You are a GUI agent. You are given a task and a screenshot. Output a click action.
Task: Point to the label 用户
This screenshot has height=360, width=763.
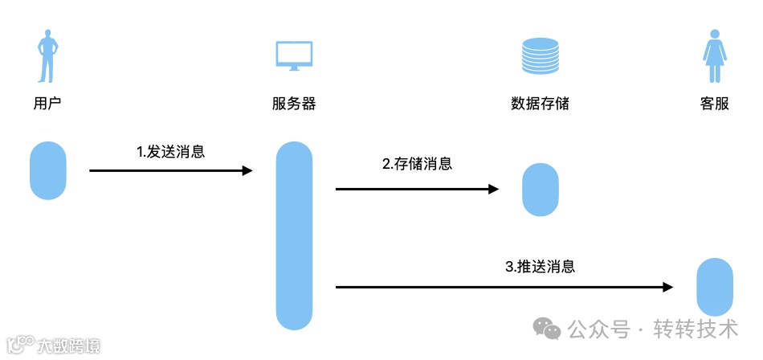(47, 103)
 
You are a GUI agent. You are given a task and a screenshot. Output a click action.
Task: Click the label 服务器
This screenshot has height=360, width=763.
(293, 103)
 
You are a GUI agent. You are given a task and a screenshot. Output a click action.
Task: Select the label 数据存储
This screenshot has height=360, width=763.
(540, 103)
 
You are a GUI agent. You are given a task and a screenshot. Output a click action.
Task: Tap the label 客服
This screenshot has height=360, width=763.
(714, 103)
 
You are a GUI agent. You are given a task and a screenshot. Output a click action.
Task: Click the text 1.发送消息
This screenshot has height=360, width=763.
(170, 151)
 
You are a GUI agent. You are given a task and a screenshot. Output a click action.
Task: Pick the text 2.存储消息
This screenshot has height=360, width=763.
(417, 164)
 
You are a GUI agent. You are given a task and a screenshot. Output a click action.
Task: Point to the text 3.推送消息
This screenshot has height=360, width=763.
(540, 267)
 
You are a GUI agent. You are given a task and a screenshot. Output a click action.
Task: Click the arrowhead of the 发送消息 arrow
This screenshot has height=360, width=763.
(247, 170)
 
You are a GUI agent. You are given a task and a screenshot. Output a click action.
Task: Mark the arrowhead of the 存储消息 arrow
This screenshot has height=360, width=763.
(493, 190)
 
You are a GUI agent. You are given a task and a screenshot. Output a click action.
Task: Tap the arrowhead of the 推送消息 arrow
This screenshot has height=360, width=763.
(667, 287)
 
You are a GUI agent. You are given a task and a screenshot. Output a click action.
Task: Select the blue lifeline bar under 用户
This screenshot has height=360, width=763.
(47, 170)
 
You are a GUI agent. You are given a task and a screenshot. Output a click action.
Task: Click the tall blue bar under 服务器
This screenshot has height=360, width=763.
(293, 236)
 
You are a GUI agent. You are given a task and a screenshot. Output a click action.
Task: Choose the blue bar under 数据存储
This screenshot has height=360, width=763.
(540, 190)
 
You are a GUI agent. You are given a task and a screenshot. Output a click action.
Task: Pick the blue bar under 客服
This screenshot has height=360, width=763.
(714, 287)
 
